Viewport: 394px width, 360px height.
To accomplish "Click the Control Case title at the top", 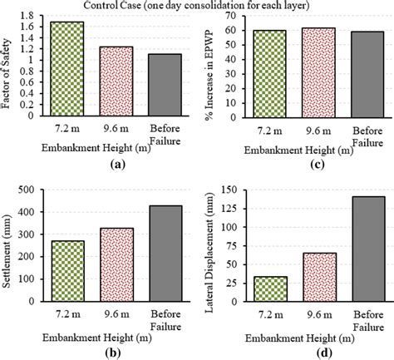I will tap(197, 6).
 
